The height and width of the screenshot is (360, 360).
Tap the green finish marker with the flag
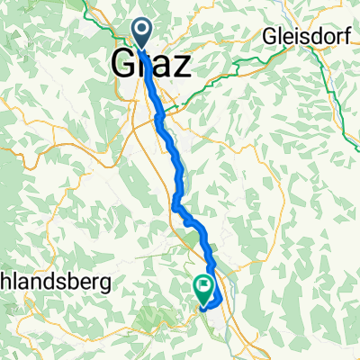pyautogui.click(x=204, y=289)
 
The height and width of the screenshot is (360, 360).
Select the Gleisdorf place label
pyautogui.click(x=303, y=39)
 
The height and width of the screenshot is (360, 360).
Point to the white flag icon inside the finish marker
pyautogui.click(x=204, y=288)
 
